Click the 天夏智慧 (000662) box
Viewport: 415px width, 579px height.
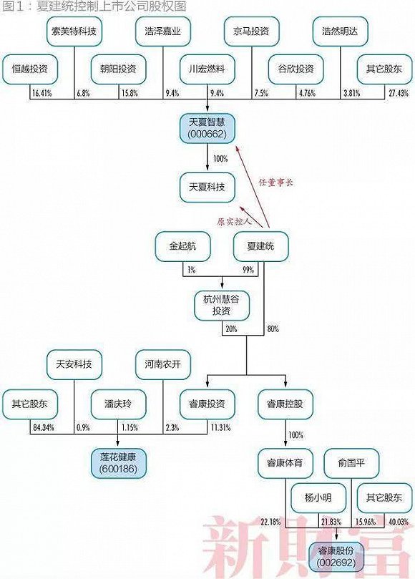[x=207, y=129]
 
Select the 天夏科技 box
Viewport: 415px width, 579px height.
[x=207, y=188]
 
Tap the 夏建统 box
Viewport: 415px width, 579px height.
[x=260, y=246]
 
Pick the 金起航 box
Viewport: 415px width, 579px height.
[x=182, y=246]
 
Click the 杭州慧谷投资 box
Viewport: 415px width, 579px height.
[x=222, y=306]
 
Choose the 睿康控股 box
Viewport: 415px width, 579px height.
[x=285, y=404]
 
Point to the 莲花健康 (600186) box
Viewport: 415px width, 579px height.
[x=119, y=463]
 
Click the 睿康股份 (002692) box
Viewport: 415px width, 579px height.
[x=336, y=557]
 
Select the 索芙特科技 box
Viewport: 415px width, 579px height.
[x=74, y=31]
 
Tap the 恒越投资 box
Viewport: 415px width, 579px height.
[x=30, y=69]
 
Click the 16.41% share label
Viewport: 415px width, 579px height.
[x=42, y=93]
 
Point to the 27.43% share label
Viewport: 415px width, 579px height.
[x=399, y=93]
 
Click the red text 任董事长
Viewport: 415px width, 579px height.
[x=275, y=183]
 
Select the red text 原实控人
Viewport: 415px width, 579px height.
[x=234, y=222]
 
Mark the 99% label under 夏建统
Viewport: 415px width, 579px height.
[x=248, y=270]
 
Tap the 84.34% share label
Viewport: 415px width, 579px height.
[x=44, y=427]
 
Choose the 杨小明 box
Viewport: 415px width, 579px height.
[x=318, y=497]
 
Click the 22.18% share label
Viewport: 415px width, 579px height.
[x=270, y=522]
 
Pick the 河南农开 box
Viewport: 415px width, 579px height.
[x=163, y=364]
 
